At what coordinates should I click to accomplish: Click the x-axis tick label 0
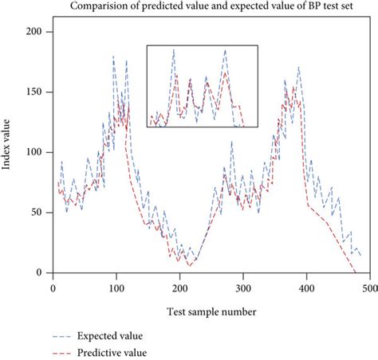[x=52, y=288]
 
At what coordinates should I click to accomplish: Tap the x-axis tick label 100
[x=116, y=288]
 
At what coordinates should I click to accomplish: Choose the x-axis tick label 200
[x=180, y=288]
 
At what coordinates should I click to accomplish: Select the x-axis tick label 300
[x=245, y=288]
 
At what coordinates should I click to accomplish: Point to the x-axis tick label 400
[x=309, y=288]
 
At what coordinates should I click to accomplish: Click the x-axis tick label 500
[x=373, y=288]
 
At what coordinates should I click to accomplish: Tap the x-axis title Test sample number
[x=212, y=312]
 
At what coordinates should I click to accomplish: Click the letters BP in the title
[x=317, y=7]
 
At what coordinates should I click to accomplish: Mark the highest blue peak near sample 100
[x=113, y=57]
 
